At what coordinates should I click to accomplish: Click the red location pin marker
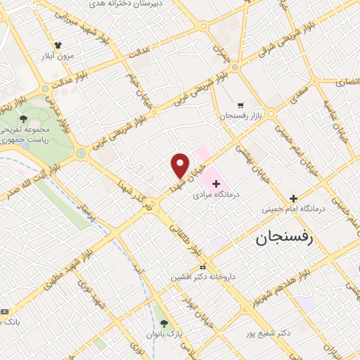coord(181,165)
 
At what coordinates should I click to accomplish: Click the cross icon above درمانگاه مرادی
coord(216,184)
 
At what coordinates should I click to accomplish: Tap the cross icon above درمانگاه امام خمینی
coord(294,198)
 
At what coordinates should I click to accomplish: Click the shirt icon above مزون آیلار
coord(57,44)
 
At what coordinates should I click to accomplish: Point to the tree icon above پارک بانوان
coord(165,323)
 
